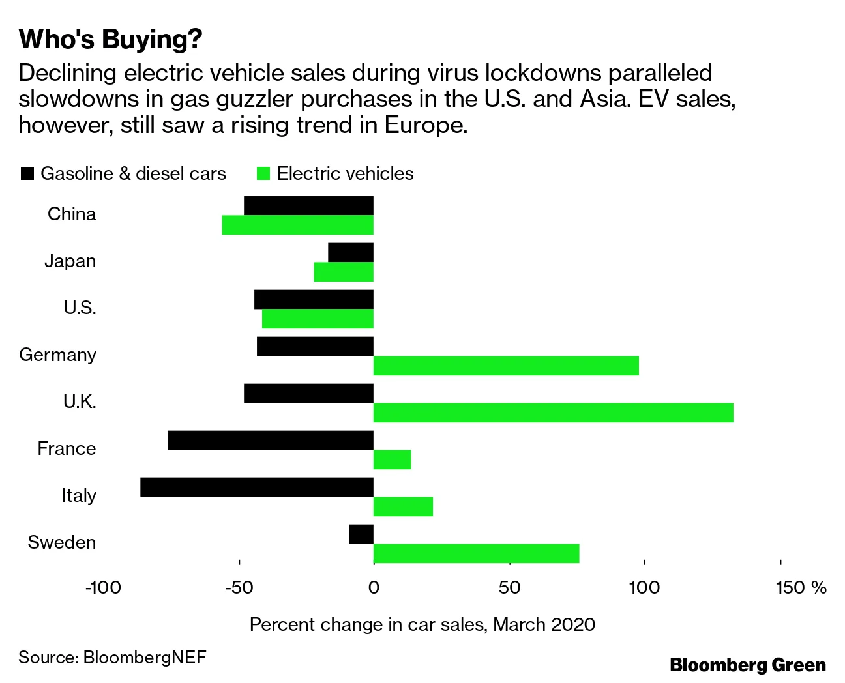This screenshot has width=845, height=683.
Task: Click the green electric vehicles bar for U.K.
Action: point(553,413)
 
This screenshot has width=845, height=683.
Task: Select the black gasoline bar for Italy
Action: point(257,487)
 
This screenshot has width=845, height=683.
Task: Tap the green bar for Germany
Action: point(506,366)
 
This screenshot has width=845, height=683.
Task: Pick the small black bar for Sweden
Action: point(361,534)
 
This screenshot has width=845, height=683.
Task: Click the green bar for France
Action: point(392,459)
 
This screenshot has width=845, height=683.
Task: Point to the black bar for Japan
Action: point(351,252)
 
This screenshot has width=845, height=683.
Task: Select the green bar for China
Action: point(297,225)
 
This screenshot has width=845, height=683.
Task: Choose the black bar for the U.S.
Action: point(314,299)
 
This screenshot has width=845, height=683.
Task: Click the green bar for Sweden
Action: point(476,553)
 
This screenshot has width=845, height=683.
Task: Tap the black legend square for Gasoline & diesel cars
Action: point(27,173)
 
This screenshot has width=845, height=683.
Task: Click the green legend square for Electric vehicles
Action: point(263,173)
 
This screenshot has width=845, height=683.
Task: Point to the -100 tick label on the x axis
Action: point(103,588)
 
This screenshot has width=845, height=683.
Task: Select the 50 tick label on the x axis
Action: point(509,588)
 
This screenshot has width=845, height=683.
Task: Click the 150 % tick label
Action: point(801,588)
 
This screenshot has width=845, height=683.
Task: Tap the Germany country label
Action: point(58,355)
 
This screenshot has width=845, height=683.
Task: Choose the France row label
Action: point(67,448)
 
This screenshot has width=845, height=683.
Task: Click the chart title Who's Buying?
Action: point(111,39)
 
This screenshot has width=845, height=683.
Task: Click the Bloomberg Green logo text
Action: point(748,665)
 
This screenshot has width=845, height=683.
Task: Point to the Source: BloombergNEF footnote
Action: point(112,656)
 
